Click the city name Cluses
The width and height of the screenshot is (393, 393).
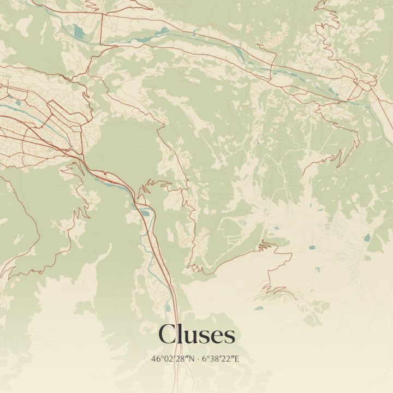click(196, 334)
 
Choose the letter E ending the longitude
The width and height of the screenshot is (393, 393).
click(237, 359)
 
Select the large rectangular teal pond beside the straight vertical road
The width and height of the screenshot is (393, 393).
click(80, 31)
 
